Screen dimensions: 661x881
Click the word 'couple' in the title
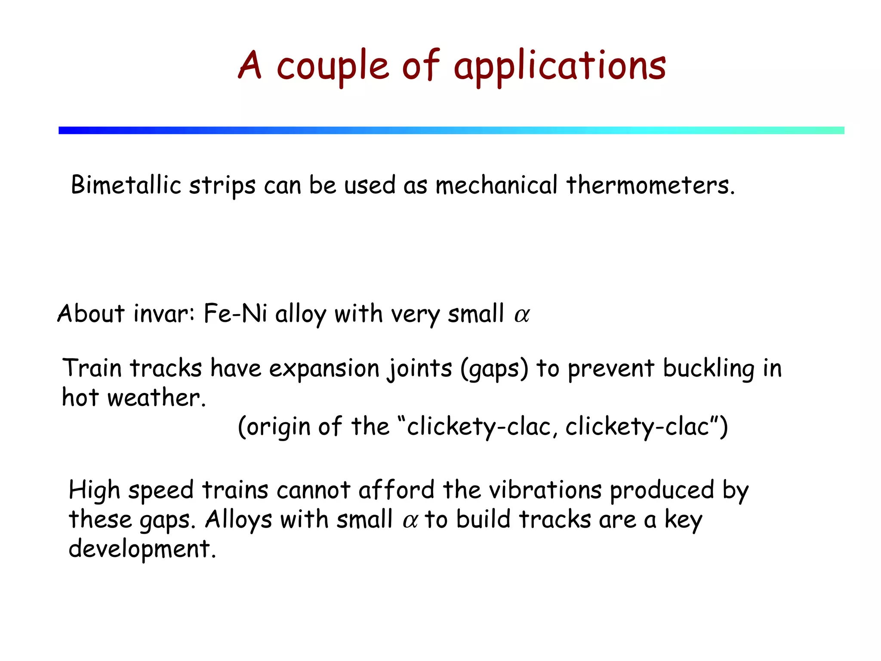(333, 67)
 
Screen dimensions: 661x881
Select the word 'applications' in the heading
(560, 67)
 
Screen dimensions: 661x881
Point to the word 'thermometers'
(650, 185)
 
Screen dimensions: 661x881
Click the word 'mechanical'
(496, 185)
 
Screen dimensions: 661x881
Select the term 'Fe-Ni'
(235, 314)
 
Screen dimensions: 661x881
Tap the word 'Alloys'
(238, 520)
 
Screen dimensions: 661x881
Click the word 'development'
(142, 549)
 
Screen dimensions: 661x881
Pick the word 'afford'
(396, 490)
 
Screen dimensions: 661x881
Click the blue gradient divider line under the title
(451, 130)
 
